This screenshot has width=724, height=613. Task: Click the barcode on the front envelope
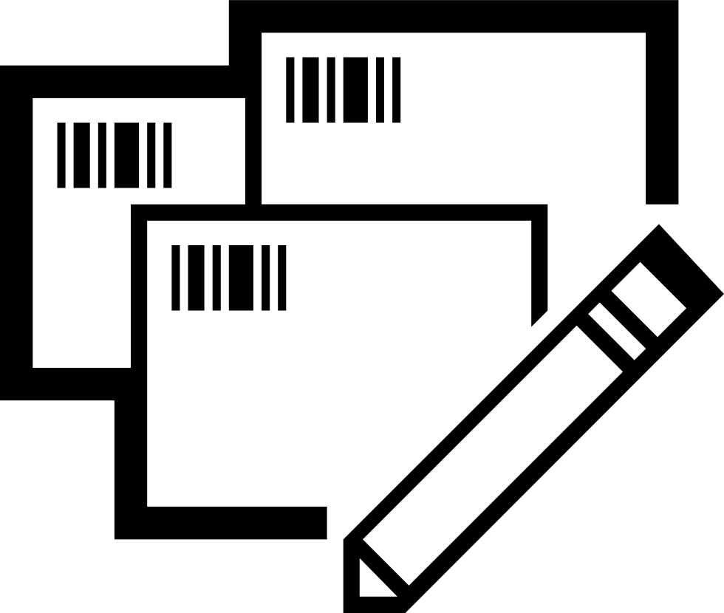pos(229,278)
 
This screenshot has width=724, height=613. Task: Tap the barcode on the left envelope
pos(115,155)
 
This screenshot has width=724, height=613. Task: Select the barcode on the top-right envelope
pos(343,89)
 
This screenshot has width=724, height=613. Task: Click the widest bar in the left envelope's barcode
pos(128,155)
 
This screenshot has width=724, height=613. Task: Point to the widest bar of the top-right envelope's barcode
pos(357,89)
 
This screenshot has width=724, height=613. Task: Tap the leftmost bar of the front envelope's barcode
pos(176,278)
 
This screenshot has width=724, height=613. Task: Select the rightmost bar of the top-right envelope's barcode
pos(397,89)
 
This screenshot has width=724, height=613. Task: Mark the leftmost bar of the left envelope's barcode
pos(61,155)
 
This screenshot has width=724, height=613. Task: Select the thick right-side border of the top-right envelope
pos(662,111)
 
